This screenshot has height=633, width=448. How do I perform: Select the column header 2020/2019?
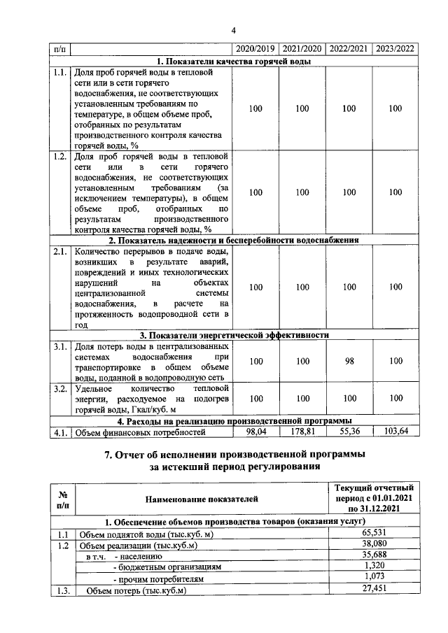255,49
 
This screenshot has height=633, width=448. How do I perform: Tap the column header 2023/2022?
395,49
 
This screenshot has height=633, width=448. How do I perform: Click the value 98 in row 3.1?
349,361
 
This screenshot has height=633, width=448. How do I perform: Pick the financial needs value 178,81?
302,432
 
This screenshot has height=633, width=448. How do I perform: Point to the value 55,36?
349,432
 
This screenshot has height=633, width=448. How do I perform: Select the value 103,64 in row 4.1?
395,432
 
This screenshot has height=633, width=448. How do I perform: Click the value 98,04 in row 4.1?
255,432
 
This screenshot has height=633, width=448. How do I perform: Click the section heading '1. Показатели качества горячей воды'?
234,61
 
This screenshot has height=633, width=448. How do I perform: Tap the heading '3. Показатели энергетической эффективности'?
234,334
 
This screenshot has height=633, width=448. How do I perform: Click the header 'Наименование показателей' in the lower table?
202,499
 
